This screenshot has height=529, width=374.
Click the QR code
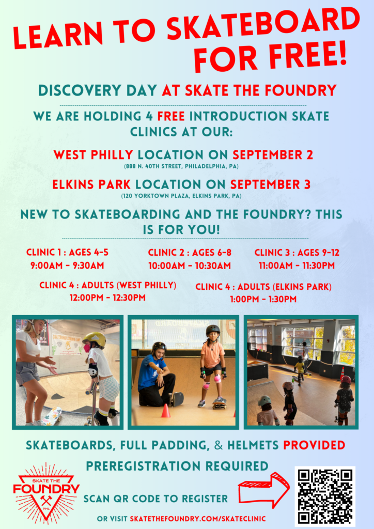click(325, 496)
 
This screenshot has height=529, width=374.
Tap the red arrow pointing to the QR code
click(263, 490)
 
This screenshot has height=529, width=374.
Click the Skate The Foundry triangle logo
click(46, 490)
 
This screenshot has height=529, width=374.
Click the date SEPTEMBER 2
click(273, 154)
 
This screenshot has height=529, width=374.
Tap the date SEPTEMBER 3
click(272, 184)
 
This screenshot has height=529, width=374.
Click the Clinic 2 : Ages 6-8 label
click(189, 253)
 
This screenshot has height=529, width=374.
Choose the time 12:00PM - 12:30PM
click(107, 298)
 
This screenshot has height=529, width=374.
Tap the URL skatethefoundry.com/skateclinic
click(198, 518)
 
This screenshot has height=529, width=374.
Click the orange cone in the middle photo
click(166, 411)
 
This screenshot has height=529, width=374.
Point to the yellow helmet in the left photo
click(95, 339)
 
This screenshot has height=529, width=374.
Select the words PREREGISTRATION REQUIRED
click(177, 466)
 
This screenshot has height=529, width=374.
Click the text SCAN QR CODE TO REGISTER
click(155, 499)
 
